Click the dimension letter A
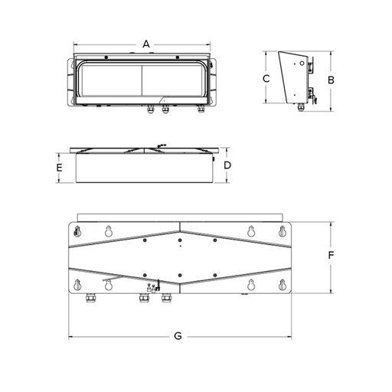pos(146,44)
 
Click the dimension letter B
pos(331,80)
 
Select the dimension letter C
pos(266,78)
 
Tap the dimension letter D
pos(227,165)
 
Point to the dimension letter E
pos(59,168)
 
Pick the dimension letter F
pos(331,255)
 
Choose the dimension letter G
pos(178,336)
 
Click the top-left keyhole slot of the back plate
pos(77,231)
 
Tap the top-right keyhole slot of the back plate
pos(282,231)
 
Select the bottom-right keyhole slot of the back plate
pos(282,285)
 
